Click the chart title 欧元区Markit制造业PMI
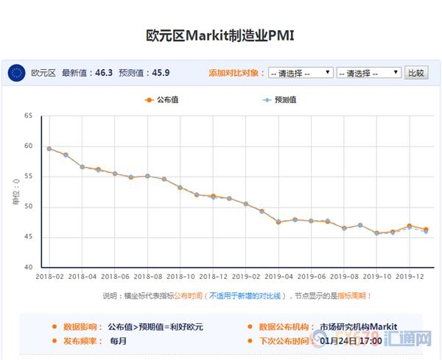(221, 36)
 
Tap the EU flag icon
(16, 73)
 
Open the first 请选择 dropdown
(301, 73)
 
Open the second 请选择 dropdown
(368, 73)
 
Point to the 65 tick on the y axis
(29, 116)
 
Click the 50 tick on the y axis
(29, 207)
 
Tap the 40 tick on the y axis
(29, 267)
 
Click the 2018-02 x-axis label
(49, 277)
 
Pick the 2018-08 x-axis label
(148, 277)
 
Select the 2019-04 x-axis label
(278, 277)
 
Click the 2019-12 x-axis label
(410, 277)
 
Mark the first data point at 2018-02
(49, 149)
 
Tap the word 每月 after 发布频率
(119, 341)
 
